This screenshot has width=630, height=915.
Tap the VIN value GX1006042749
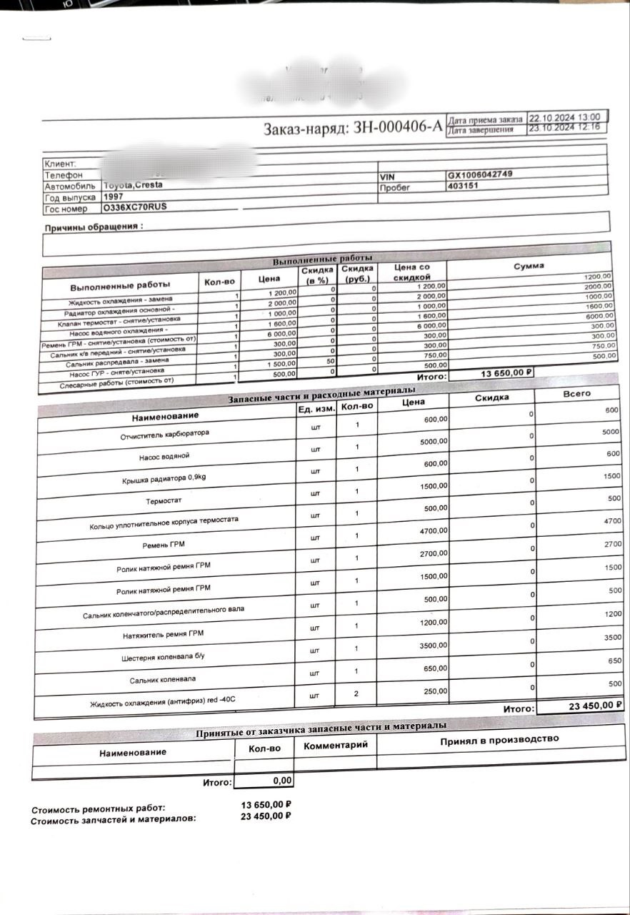(x=479, y=174)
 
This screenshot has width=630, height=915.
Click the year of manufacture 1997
(x=114, y=196)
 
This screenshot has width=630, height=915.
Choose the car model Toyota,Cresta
(x=133, y=184)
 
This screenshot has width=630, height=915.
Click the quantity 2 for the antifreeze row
(x=356, y=693)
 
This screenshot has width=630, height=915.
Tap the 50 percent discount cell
(x=333, y=361)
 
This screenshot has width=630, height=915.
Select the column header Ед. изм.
(x=316, y=409)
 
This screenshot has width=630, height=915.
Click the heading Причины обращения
(x=94, y=227)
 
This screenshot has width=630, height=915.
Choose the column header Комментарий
(x=336, y=745)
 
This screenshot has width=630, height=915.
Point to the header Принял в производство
(x=499, y=739)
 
